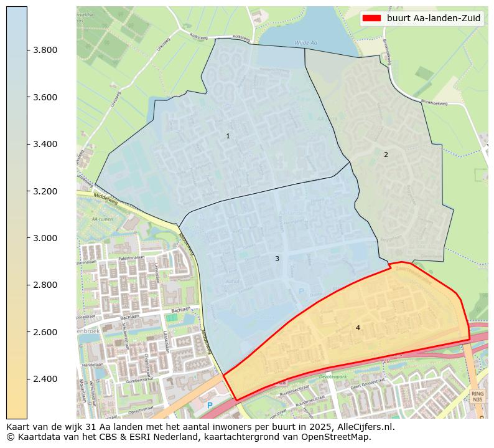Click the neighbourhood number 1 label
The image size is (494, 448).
(x=228, y=136)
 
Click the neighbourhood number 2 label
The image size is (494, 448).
(x=386, y=155)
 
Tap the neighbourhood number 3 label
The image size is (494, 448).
(x=277, y=259)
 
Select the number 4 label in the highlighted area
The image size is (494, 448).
(x=358, y=328)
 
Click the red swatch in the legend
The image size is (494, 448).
(x=371, y=18)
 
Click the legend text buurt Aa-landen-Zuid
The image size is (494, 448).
(x=434, y=18)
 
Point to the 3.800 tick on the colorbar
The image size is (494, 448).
(x=45, y=50)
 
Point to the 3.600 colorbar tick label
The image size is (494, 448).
(x=45, y=97)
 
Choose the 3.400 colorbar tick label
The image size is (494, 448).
(x=45, y=145)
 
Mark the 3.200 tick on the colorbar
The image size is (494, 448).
(x=45, y=191)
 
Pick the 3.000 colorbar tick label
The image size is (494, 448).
(x=45, y=238)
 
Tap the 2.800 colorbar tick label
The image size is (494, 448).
(x=45, y=285)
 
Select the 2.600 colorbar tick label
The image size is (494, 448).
(x=45, y=332)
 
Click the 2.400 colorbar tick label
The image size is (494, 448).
(x=45, y=379)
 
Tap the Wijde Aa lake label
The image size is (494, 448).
(x=306, y=42)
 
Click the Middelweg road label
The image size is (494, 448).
(x=104, y=201)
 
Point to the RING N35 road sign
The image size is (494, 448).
(x=477, y=396)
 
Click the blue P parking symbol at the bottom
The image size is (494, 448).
(x=210, y=406)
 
